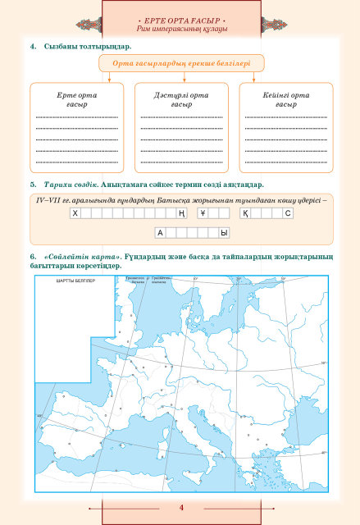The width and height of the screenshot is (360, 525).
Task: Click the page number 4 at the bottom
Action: (180, 508)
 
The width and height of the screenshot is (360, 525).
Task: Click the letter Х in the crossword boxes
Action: (75, 213)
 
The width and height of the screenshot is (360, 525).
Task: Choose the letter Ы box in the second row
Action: (223, 233)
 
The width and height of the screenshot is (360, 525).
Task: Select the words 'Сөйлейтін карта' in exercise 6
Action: (77, 258)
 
